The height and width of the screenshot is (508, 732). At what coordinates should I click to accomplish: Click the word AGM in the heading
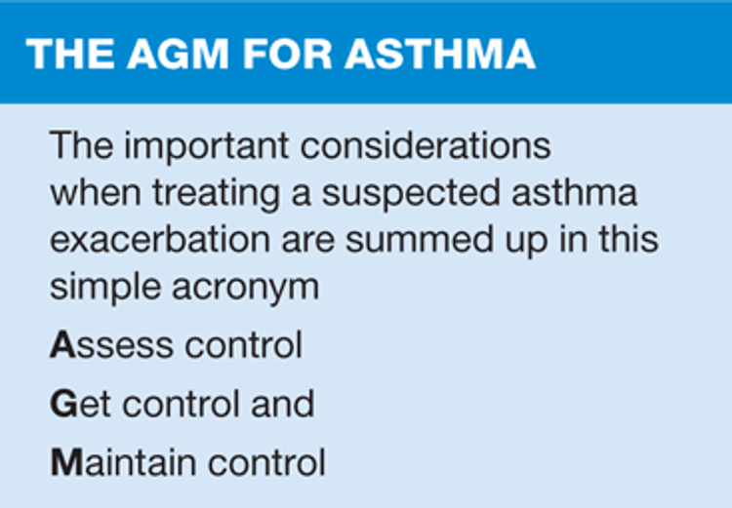(178, 54)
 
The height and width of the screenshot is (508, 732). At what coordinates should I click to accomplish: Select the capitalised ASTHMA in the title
(440, 54)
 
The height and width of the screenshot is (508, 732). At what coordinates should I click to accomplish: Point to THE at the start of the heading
(70, 54)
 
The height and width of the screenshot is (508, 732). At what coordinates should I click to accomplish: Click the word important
(207, 147)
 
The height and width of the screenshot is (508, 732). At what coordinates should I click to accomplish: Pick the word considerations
(426, 146)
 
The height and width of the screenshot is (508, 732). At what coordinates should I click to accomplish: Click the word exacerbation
(160, 239)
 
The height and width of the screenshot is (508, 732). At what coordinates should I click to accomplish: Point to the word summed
(420, 239)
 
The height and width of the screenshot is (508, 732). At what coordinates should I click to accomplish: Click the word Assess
(111, 345)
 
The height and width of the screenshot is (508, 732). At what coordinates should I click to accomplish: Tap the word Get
(80, 404)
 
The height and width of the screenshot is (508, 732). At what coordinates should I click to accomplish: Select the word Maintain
(123, 462)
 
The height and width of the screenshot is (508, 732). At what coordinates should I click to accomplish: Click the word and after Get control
(283, 403)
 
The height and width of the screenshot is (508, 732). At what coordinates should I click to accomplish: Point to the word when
(96, 193)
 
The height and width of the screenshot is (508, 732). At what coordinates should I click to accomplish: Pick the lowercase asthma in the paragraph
(574, 193)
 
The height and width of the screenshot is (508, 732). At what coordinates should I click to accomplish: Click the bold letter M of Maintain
(67, 462)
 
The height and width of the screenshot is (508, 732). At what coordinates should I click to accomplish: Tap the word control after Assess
(243, 345)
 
